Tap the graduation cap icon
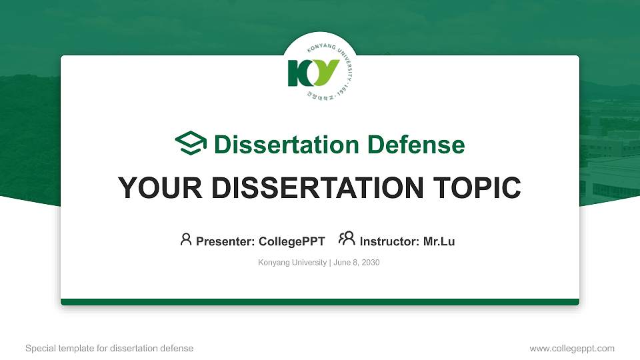click(x=191, y=143)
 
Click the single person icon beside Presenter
click(x=186, y=239)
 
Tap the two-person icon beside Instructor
click(x=347, y=239)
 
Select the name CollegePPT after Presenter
click(x=291, y=241)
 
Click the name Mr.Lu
click(x=439, y=241)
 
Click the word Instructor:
click(x=390, y=241)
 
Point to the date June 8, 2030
click(x=356, y=263)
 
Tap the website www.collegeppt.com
click(x=571, y=348)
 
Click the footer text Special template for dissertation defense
click(x=109, y=348)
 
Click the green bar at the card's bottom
click(x=320, y=302)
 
